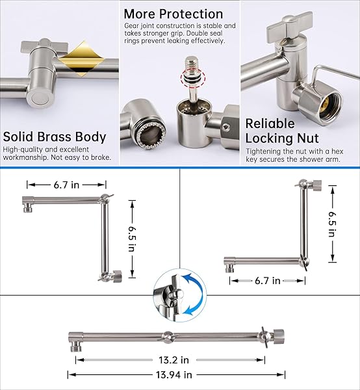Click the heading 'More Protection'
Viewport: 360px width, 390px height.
[x=174, y=14]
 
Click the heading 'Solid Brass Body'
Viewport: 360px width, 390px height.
[x=55, y=136]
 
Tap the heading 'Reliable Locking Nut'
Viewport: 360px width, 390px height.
[x=282, y=131]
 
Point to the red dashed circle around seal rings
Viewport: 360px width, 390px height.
[x=193, y=79]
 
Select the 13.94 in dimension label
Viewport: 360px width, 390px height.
[x=174, y=374]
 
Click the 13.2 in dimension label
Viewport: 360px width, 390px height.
[x=174, y=360]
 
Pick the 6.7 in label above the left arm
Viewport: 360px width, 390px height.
[x=66, y=185]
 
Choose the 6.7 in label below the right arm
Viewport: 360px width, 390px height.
[x=268, y=281]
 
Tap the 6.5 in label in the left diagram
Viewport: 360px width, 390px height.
[x=132, y=239]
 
